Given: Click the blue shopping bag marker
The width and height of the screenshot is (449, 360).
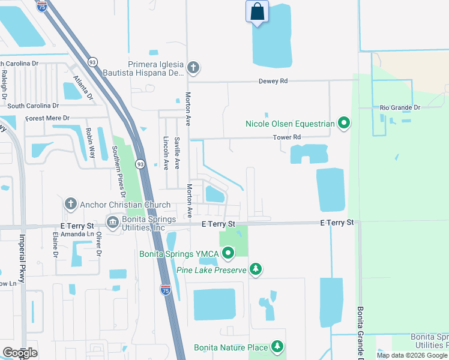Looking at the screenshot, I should (x=257, y=12).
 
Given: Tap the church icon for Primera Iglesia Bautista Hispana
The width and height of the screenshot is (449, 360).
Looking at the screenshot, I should (x=193, y=67).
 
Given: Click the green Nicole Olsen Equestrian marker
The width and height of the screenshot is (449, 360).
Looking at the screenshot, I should (x=344, y=124).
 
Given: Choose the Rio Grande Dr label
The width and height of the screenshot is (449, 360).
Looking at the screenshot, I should (x=400, y=108).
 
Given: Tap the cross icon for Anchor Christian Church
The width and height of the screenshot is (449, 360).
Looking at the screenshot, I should (x=71, y=203).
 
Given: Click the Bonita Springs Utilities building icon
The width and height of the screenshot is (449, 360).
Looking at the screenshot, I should (x=112, y=223).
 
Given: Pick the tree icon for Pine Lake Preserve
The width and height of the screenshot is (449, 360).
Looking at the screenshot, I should (x=256, y=271).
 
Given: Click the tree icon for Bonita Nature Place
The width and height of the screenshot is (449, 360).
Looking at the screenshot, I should (x=277, y=347).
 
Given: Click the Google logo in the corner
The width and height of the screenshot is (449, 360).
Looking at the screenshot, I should (x=20, y=353).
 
